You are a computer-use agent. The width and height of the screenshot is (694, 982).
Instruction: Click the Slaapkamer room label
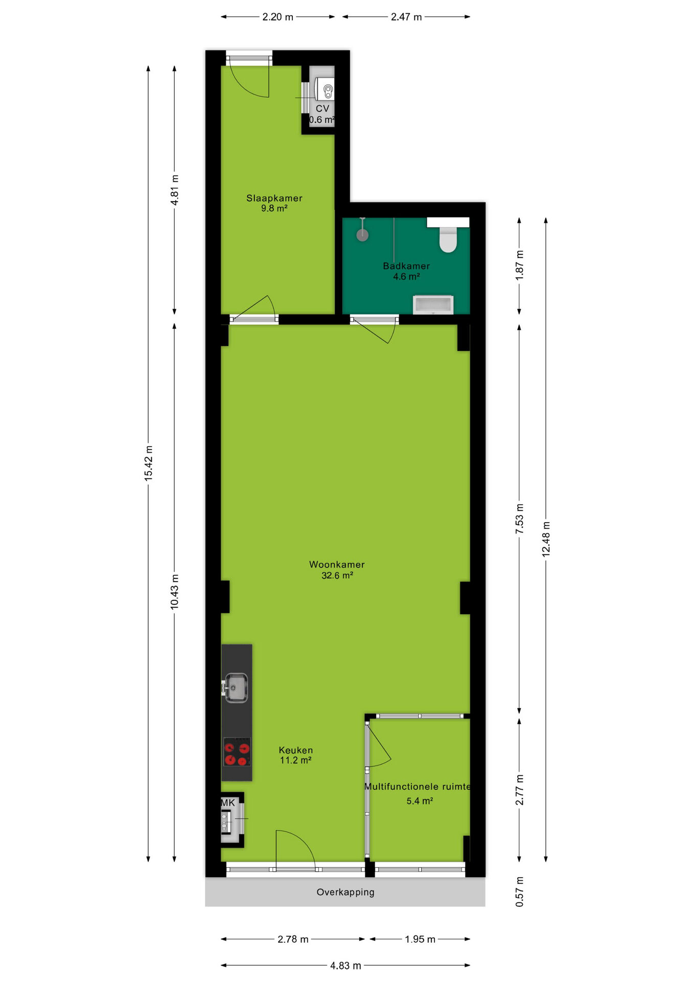[274, 198]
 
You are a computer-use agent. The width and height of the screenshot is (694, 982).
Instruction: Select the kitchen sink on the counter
[236, 687]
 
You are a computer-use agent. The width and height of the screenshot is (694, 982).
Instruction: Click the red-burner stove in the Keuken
[237, 751]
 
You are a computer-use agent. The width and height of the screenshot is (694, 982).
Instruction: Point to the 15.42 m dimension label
[148, 463]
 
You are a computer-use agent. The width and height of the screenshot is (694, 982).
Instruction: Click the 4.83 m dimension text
[345, 966]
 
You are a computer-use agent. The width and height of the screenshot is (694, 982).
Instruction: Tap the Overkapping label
[345, 892]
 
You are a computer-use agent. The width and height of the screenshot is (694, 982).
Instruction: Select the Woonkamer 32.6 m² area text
[337, 575]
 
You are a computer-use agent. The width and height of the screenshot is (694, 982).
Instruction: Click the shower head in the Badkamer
[362, 235]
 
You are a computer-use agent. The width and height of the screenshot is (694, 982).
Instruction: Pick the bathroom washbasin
[433, 304]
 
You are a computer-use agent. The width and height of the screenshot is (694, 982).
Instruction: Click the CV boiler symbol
[325, 90]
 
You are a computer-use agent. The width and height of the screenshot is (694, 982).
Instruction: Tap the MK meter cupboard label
[228, 803]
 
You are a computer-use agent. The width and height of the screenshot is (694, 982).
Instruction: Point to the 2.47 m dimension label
[406, 17]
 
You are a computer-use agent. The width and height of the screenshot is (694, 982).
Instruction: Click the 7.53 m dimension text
[519, 519]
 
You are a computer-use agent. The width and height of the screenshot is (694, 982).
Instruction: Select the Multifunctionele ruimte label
[418, 787]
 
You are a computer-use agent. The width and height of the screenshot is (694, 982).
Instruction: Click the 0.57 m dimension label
[519, 892]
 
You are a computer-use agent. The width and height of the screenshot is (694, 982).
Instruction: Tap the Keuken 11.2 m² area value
[295, 761]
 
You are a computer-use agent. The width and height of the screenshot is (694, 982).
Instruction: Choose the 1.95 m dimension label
[420, 939]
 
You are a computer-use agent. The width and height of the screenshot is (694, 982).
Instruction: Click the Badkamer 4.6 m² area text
[406, 277]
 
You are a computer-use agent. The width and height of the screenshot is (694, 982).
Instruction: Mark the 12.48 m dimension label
[546, 539]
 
